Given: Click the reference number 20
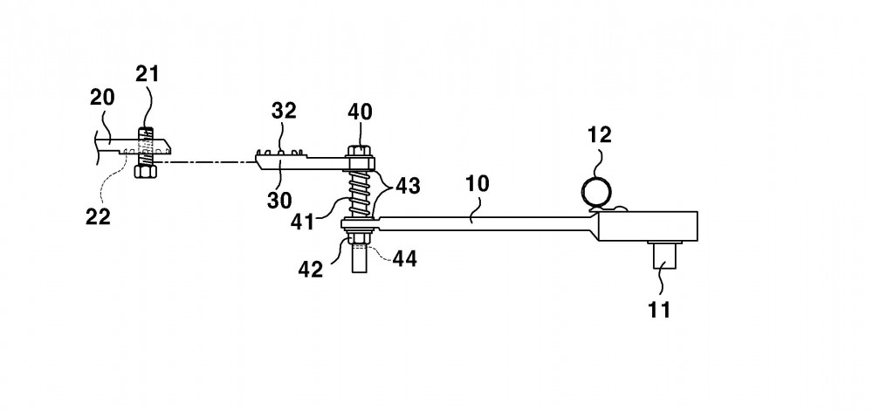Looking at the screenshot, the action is [102, 98].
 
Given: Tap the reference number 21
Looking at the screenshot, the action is [148, 74].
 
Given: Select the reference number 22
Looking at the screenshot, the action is [98, 216].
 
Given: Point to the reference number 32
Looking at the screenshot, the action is [284, 111].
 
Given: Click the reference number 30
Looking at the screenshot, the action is [279, 201].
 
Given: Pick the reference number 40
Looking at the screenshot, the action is [361, 112].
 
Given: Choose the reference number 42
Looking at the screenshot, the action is [311, 270].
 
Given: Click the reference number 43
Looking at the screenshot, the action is [408, 186].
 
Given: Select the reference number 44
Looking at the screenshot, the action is [405, 258].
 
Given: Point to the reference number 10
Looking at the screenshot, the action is [478, 183].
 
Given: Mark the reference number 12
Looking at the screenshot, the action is [599, 134].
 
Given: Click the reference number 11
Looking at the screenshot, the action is [659, 310].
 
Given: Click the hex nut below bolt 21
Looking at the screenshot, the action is [145, 171].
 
